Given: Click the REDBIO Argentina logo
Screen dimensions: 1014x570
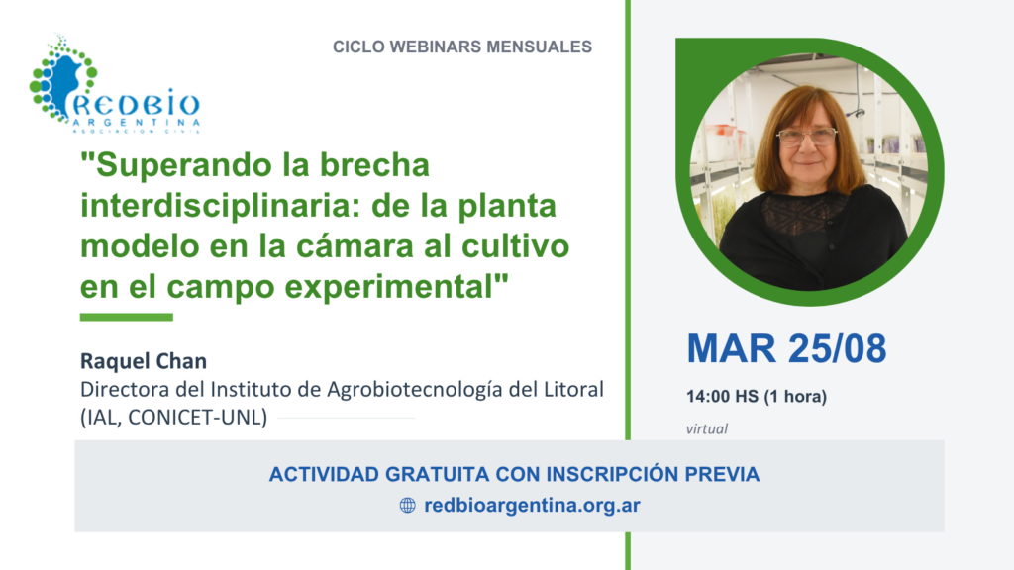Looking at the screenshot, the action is pos(115,84).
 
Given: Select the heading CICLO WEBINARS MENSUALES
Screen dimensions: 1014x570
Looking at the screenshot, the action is pos(462,47).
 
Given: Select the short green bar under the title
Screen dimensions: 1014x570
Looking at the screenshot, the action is pos(127,318).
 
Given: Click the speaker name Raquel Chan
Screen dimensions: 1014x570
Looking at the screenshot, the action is pos(144,361).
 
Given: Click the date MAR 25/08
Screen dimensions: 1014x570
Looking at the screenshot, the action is pos(786,349).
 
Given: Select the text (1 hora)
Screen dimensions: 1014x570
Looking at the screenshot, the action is pos(795,396).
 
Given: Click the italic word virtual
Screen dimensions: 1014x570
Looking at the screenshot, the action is pos(707,429).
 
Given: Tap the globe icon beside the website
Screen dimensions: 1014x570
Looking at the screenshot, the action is pos(407,506).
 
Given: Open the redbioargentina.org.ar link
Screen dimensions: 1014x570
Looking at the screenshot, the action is pos(532,506).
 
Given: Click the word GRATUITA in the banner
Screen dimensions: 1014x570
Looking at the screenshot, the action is pos(437,474).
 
